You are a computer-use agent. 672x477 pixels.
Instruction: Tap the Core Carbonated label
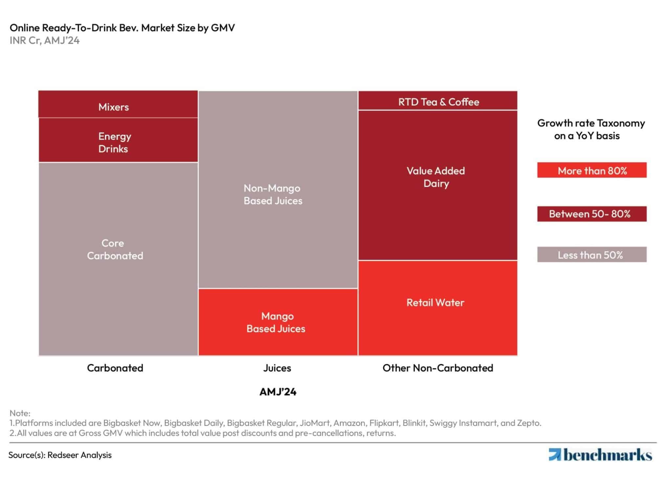(x=115, y=249)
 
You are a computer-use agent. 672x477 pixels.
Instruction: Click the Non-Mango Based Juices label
(x=273, y=194)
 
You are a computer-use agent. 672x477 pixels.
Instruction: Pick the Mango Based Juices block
(x=277, y=322)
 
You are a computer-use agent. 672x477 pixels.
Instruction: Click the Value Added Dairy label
(x=436, y=177)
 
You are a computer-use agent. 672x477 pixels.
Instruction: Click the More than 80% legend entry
(x=592, y=170)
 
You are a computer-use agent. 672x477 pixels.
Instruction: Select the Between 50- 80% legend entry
(x=592, y=214)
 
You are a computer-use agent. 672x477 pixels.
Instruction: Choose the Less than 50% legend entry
(x=592, y=254)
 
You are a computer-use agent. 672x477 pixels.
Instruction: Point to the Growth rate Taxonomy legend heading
(x=591, y=129)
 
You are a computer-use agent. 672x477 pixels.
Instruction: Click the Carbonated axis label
(x=115, y=368)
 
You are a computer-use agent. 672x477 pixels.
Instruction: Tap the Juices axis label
(x=277, y=368)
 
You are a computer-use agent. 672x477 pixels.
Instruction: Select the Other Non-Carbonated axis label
(x=438, y=368)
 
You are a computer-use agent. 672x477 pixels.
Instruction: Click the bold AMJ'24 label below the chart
(x=278, y=392)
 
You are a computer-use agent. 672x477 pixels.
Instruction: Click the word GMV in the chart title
(x=223, y=28)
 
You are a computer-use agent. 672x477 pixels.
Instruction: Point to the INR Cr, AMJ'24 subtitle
(x=45, y=40)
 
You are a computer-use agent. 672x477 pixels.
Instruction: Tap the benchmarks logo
(x=600, y=455)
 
